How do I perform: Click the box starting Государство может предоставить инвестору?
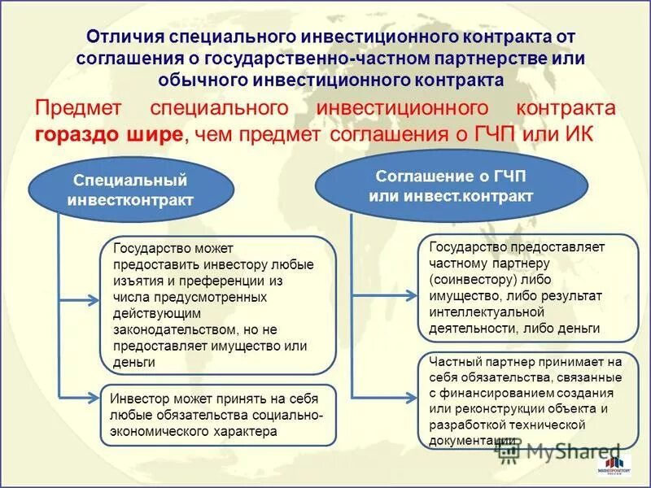218,306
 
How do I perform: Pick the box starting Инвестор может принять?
218,415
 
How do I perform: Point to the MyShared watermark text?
570,450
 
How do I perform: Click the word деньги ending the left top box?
135,362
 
